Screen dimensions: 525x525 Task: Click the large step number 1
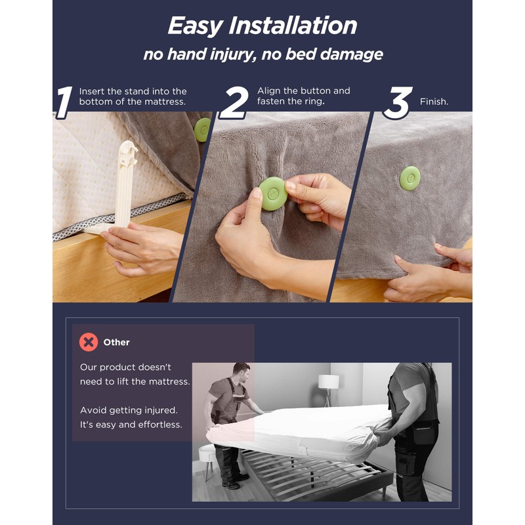tap(64, 102)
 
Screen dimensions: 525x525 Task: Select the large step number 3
tap(398, 103)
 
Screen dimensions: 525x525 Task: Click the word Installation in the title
tap(293, 26)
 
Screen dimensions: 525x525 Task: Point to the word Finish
tap(434, 102)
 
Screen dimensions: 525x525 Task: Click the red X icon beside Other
tap(89, 342)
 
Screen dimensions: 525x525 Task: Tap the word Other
tap(116, 342)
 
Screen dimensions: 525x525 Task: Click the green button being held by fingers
tap(273, 194)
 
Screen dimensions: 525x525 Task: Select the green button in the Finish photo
tap(410, 178)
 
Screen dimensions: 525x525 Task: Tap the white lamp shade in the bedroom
tap(328, 382)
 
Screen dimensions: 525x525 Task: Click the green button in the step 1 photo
tap(202, 130)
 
